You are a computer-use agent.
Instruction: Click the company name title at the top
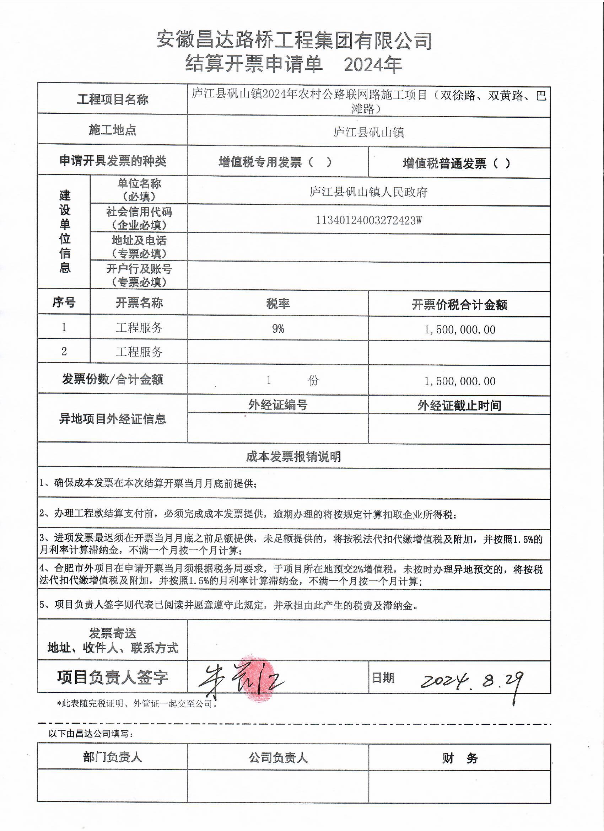click(x=294, y=40)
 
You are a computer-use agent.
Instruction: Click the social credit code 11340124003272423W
click(x=368, y=220)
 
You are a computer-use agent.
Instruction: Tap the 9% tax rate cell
click(x=278, y=329)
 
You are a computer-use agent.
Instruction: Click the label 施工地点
click(x=112, y=130)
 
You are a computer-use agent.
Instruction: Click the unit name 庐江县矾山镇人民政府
click(x=368, y=192)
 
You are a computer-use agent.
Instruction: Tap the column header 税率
click(x=278, y=304)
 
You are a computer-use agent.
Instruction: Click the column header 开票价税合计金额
click(x=459, y=305)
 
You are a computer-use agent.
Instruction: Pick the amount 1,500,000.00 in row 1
click(x=460, y=330)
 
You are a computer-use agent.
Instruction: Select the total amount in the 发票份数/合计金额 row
click(x=460, y=381)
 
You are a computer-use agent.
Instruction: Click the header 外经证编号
click(x=278, y=405)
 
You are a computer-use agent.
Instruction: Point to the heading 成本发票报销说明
click(x=293, y=456)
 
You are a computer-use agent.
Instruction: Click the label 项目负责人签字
click(x=112, y=677)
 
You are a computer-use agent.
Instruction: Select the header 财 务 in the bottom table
click(x=460, y=758)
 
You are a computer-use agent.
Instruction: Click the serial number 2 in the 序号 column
click(x=64, y=352)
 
